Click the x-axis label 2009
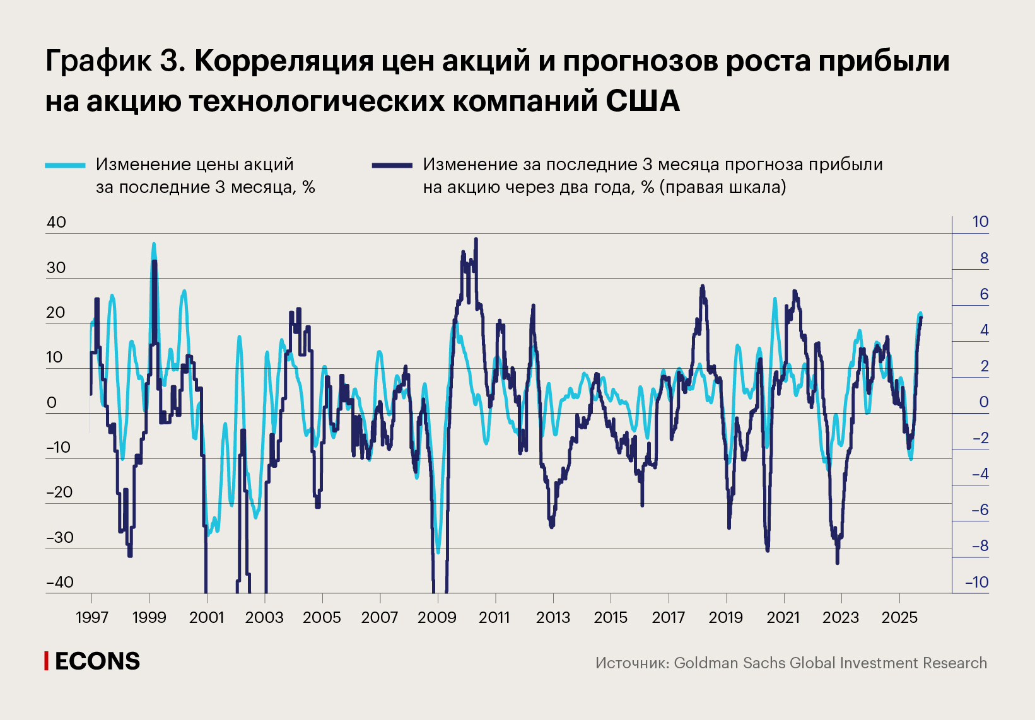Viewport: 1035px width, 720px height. point(437,617)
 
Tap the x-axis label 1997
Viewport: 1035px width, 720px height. point(92,617)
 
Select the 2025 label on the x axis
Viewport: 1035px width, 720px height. point(899,617)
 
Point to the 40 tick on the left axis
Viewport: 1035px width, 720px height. point(56,222)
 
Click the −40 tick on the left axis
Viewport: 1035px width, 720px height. point(61,582)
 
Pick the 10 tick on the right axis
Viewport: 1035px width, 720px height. point(980,222)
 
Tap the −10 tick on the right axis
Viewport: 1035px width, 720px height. point(977,582)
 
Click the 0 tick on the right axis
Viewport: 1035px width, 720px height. point(983,402)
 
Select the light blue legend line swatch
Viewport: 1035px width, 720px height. point(65,165)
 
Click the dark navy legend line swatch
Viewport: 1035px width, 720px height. point(392,165)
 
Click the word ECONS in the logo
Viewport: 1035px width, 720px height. point(97,661)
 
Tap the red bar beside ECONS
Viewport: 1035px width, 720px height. point(46,661)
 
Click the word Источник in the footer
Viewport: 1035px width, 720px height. point(631,663)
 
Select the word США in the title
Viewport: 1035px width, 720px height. point(643,101)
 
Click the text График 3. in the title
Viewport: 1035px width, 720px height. point(115,61)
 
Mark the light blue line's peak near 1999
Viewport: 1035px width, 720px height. point(153,244)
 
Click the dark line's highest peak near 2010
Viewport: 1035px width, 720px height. point(476,239)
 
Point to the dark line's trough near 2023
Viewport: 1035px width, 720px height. point(837,562)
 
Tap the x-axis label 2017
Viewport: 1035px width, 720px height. point(668,617)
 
